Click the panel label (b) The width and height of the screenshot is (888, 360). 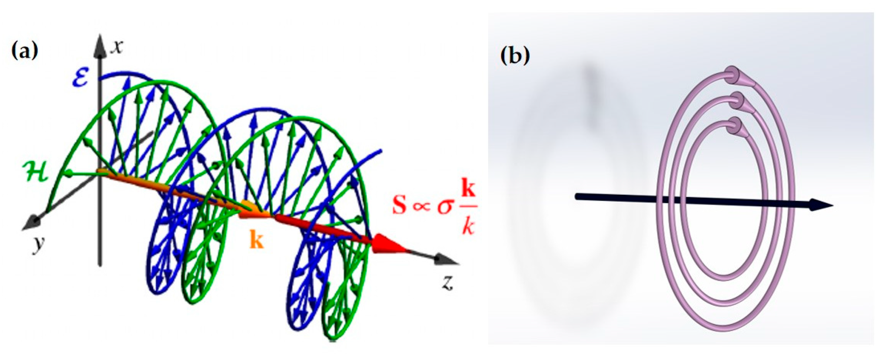(514, 56)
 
